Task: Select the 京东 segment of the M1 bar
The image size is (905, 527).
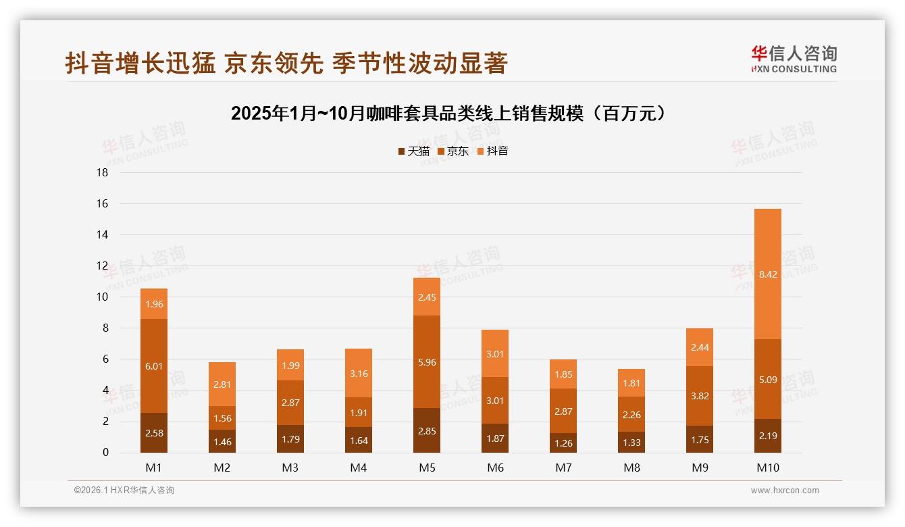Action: coord(154,366)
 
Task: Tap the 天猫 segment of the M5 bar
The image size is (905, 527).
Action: coord(427,430)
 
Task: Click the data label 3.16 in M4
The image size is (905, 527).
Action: coord(359,373)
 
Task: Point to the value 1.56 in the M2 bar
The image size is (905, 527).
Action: coord(222,418)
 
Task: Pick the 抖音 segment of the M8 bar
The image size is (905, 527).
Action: coord(631,383)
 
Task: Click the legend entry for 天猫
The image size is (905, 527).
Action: coord(413,151)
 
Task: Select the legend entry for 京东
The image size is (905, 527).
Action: coord(453,151)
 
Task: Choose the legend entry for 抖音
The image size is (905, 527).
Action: coord(493,151)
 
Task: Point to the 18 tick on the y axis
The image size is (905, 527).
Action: coord(102,173)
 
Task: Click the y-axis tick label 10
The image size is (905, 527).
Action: coord(102,297)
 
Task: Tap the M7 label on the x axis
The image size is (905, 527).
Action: coord(563,468)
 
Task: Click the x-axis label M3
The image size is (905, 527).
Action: coord(290,468)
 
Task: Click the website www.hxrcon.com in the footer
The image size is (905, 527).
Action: coord(785,491)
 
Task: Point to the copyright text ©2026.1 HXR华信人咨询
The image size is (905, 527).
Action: coord(124,491)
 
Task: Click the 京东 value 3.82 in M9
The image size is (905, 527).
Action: coord(700,396)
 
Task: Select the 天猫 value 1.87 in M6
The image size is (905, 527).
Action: coord(495,438)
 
